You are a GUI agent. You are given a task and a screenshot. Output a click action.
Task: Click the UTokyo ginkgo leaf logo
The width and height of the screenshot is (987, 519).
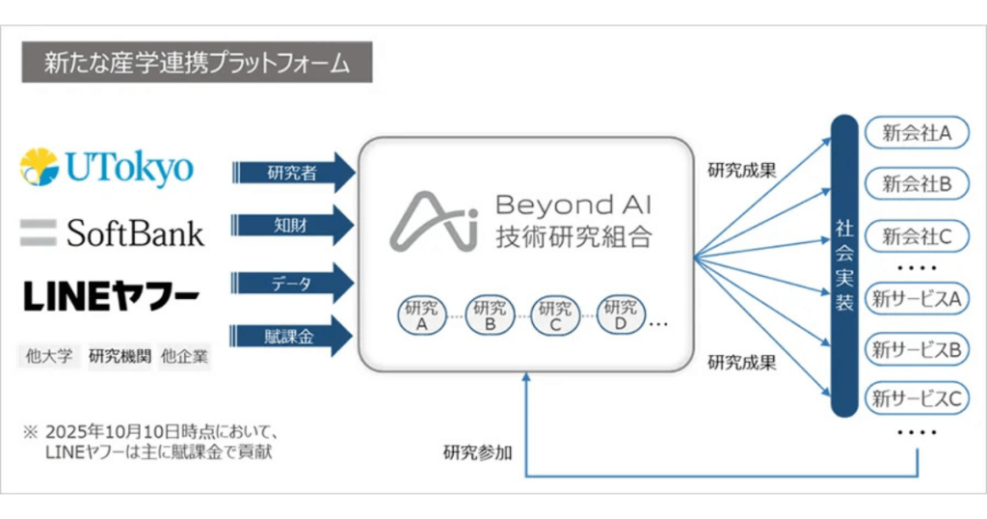point(41,168)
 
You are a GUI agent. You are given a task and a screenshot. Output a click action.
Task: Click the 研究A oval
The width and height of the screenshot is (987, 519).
point(421,314)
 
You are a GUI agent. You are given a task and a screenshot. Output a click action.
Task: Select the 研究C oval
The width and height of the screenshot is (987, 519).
point(555,314)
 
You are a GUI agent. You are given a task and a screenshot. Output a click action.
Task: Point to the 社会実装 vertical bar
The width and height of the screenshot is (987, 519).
point(844,264)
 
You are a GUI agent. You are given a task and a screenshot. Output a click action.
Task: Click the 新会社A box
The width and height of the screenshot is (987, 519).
point(917,133)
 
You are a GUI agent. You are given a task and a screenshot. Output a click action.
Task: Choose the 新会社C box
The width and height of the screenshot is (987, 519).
point(917,234)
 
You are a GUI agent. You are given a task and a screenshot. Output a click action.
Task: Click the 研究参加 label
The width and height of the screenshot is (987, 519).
point(478,450)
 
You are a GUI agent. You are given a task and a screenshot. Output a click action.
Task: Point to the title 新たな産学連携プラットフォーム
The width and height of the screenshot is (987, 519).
point(197,63)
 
